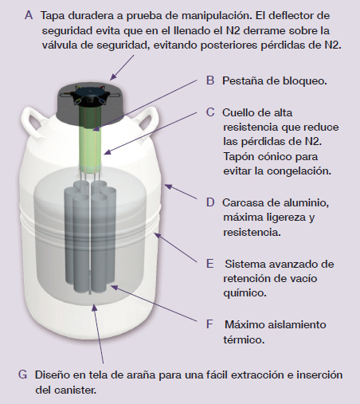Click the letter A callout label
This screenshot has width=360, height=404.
[x=29, y=15]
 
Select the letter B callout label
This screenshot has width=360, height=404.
[x=210, y=80]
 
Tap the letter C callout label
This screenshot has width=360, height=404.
[x=210, y=112]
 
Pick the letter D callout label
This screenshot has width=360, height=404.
[x=210, y=202]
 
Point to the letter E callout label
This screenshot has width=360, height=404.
[x=209, y=264]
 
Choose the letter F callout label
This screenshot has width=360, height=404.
[x=209, y=324]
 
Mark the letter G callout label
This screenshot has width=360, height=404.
[x=22, y=375]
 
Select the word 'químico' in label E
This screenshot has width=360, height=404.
[x=245, y=293]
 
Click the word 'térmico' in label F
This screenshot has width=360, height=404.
[x=244, y=339]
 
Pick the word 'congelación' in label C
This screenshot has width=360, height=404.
[x=299, y=171]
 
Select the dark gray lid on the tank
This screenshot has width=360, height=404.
[x=90, y=99]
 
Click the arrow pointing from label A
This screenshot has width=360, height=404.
[x=122, y=68]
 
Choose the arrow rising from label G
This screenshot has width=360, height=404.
[x=98, y=334]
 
